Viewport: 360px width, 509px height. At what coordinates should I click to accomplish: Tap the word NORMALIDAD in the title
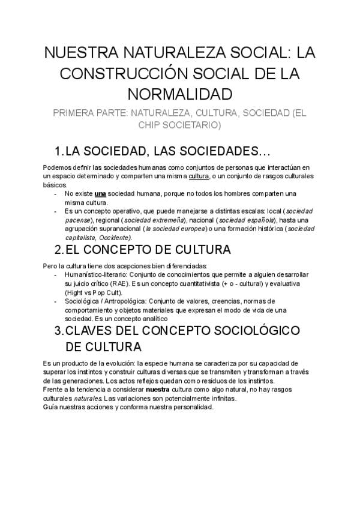coord(179,95)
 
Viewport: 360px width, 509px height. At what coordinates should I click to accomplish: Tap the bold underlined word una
coord(100,194)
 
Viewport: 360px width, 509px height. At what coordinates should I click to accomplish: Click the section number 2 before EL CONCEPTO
coord(58,250)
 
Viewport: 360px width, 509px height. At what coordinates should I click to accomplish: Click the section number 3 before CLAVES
coord(58,331)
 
